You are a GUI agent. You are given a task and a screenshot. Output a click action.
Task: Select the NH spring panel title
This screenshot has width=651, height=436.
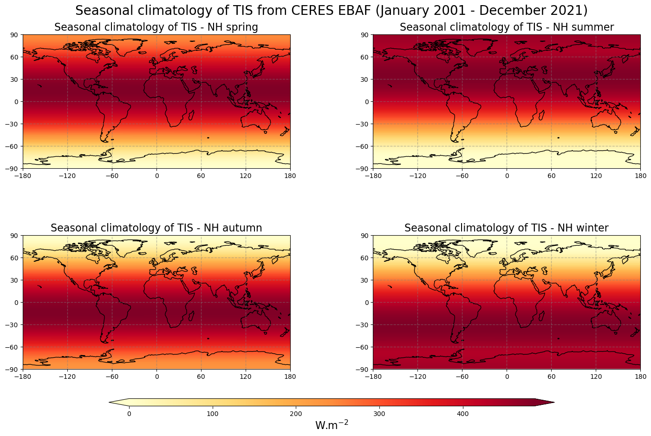pyautogui.click(x=156, y=27)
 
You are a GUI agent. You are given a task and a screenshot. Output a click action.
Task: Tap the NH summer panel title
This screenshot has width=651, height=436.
pyautogui.click(x=507, y=27)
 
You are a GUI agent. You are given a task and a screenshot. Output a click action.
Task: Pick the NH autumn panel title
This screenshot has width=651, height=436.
pyautogui.click(x=156, y=228)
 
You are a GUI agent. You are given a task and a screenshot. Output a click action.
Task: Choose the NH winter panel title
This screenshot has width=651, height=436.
pyautogui.click(x=507, y=228)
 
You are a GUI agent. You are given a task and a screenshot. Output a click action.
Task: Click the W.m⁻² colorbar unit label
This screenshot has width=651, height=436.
pyautogui.click(x=332, y=425)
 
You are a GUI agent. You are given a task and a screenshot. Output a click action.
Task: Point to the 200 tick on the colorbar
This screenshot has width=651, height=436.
pyautogui.click(x=296, y=414)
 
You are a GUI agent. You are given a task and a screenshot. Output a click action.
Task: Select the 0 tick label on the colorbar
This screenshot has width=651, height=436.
pyautogui.click(x=129, y=414)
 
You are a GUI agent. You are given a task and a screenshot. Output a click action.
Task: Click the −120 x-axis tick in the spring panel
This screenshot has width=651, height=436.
pyautogui.click(x=67, y=176)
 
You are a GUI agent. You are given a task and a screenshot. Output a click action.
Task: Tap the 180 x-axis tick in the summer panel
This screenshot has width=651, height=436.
pyautogui.click(x=640, y=176)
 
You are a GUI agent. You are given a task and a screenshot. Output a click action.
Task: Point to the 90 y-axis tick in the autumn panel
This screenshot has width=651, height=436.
pyautogui.click(x=14, y=236)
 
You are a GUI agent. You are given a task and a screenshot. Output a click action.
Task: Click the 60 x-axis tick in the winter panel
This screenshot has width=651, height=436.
pyautogui.click(x=551, y=377)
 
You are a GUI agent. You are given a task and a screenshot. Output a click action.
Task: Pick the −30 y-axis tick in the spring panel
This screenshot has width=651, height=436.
pyautogui.click(x=13, y=124)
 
